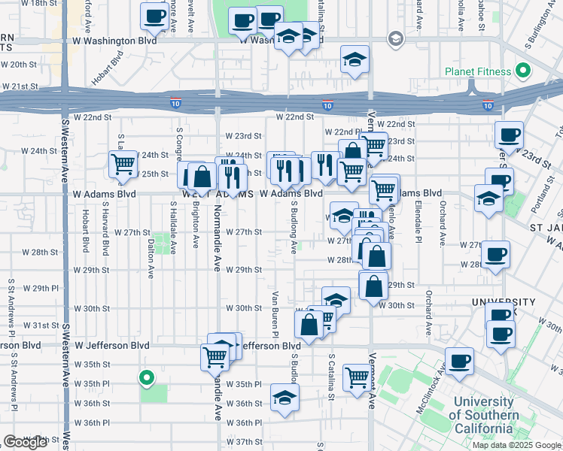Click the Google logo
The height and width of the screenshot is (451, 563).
click(x=26, y=442)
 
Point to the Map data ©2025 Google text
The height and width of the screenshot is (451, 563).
click(x=516, y=445)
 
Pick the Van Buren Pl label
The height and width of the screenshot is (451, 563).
click(x=275, y=314)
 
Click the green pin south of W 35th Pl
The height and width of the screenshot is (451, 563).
click(x=148, y=377)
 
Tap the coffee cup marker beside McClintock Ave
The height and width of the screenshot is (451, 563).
click(x=460, y=361)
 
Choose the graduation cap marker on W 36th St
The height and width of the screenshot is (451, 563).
click(x=285, y=396)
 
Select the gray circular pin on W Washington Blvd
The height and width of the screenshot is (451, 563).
click(x=395, y=38)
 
